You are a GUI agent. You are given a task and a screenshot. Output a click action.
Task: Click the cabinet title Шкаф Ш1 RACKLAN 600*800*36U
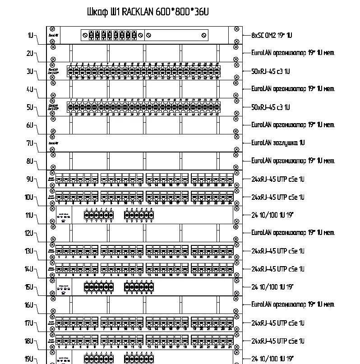(x=148, y=12)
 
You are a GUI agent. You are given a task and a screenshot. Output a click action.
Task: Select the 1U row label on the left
(x=31, y=35)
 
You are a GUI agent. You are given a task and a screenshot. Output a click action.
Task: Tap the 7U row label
(x=31, y=143)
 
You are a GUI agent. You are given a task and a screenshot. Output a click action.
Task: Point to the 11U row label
(x=30, y=215)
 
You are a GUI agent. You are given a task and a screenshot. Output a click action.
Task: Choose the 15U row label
(x=30, y=287)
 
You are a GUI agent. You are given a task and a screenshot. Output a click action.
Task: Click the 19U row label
(x=30, y=359)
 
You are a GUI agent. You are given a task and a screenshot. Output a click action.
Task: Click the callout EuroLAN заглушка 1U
(x=278, y=143)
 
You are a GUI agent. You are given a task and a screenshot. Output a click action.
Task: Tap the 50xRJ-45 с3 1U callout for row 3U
(x=270, y=71)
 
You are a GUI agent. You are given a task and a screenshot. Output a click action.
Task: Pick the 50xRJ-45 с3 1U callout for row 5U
(x=270, y=107)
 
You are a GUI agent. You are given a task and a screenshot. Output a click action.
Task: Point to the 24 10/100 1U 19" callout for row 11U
(x=272, y=215)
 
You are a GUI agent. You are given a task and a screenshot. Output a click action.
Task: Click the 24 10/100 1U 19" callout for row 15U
(x=272, y=287)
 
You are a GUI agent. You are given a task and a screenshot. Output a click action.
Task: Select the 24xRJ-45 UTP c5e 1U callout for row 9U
(x=277, y=179)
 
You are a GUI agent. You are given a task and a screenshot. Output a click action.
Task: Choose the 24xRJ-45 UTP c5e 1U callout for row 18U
(x=277, y=341)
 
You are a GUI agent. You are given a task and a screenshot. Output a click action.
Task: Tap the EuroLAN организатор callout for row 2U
(x=293, y=53)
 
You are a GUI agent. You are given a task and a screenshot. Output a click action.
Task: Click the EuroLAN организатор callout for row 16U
(x=293, y=304)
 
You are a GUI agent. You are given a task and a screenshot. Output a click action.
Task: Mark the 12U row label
(x=30, y=233)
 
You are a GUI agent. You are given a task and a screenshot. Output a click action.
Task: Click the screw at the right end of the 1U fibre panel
(x=204, y=35)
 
